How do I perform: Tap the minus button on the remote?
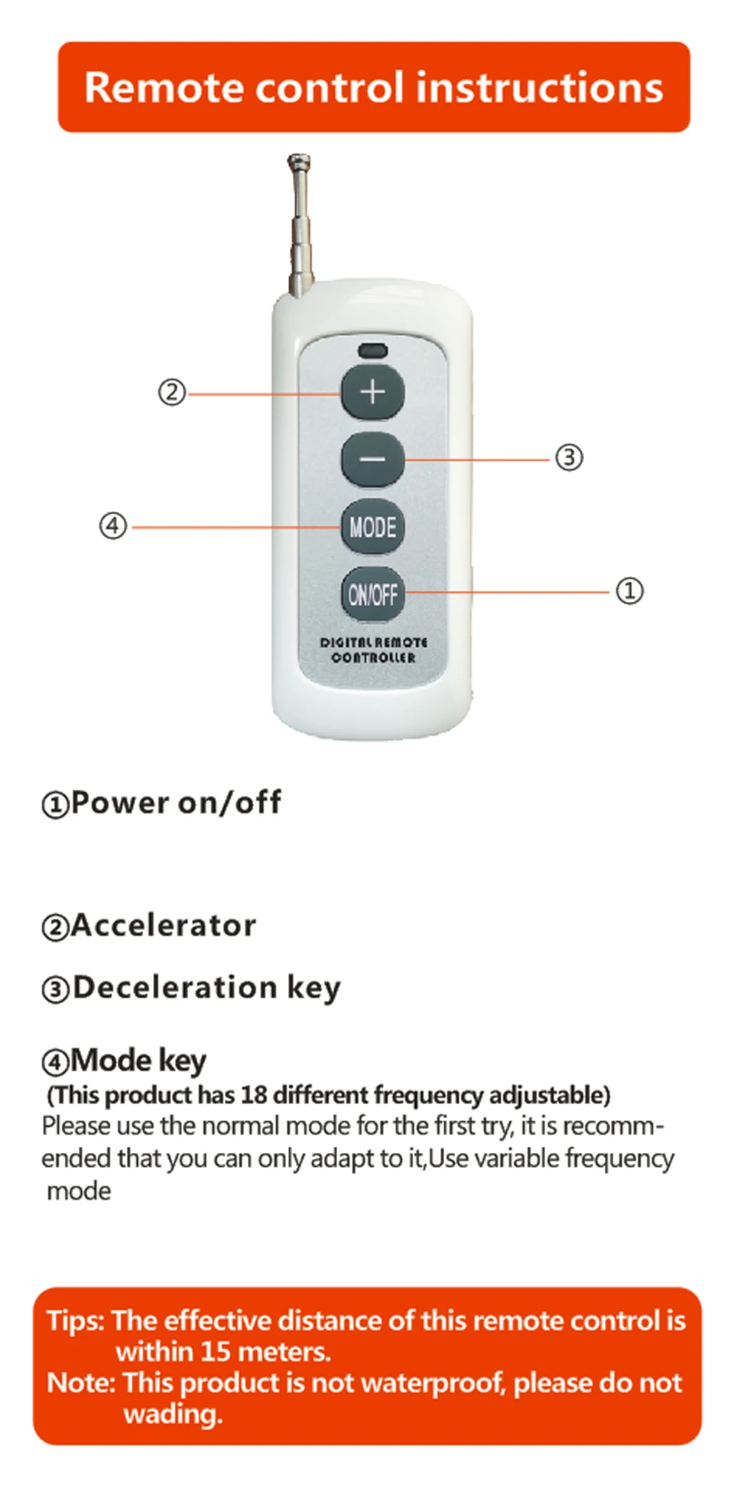tap(372, 459)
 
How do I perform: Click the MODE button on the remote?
tap(372, 526)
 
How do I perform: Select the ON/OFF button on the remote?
tap(372, 594)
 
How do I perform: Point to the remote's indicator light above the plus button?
tap(372, 352)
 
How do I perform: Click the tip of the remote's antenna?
tap(298, 161)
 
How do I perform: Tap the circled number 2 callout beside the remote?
tap(172, 392)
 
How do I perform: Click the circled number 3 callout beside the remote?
tap(569, 457)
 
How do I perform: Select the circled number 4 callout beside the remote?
tap(113, 526)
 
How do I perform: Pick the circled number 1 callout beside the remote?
tap(629, 590)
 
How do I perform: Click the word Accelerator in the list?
tap(164, 925)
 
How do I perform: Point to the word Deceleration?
tap(174, 987)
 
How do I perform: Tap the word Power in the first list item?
tap(119, 802)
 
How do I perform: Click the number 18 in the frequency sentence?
tap(254, 1095)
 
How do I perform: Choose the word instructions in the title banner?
tap(539, 87)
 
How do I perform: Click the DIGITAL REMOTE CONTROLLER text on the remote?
tap(373, 650)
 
